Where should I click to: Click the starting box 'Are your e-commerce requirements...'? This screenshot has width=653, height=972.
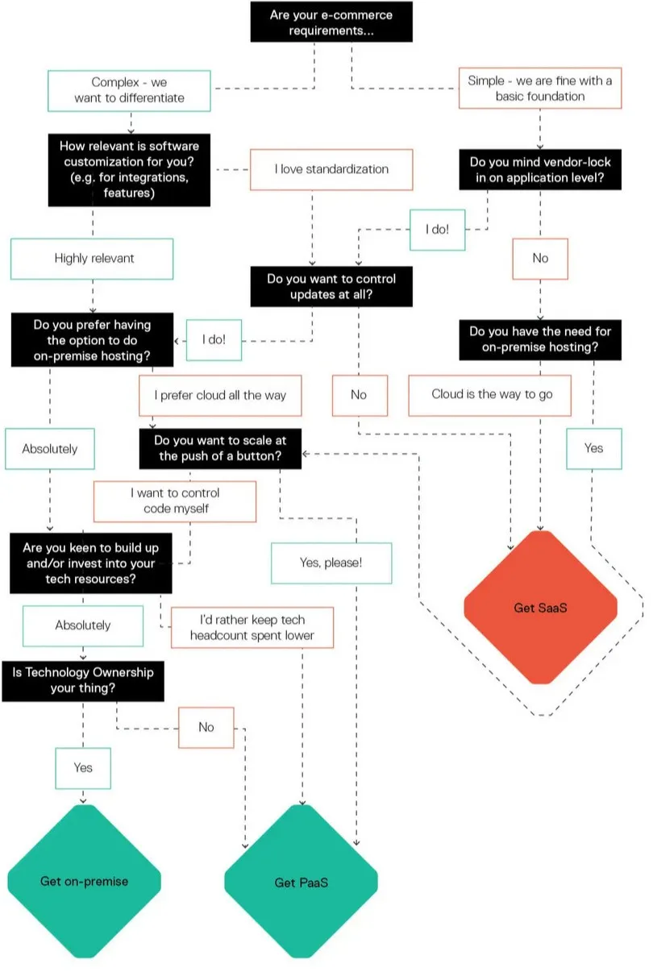tap(331, 22)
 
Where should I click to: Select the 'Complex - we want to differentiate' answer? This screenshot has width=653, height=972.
tap(129, 90)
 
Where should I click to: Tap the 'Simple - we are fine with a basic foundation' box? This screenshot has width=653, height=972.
tap(539, 89)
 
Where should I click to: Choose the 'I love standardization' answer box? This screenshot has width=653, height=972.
tap(331, 169)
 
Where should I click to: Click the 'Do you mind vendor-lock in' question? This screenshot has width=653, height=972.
tap(539, 169)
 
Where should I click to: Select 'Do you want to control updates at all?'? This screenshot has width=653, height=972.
tap(331, 287)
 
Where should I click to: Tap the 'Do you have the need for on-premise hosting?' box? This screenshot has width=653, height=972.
tap(539, 339)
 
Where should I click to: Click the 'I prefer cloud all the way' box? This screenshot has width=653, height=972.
tap(220, 396)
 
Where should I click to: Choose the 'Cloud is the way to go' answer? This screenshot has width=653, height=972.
tap(489, 395)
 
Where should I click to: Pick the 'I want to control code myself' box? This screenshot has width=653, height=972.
tap(175, 501)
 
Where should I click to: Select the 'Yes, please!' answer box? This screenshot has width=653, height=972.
tap(331, 563)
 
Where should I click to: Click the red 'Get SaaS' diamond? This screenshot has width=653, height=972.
tap(540, 608)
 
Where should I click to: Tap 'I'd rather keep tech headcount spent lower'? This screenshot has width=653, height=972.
tap(252, 627)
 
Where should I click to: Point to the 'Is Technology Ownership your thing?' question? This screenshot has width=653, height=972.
tap(83, 680)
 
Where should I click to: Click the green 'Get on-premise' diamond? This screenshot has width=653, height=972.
tap(84, 881)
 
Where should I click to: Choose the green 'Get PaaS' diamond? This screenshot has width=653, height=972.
tap(301, 883)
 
